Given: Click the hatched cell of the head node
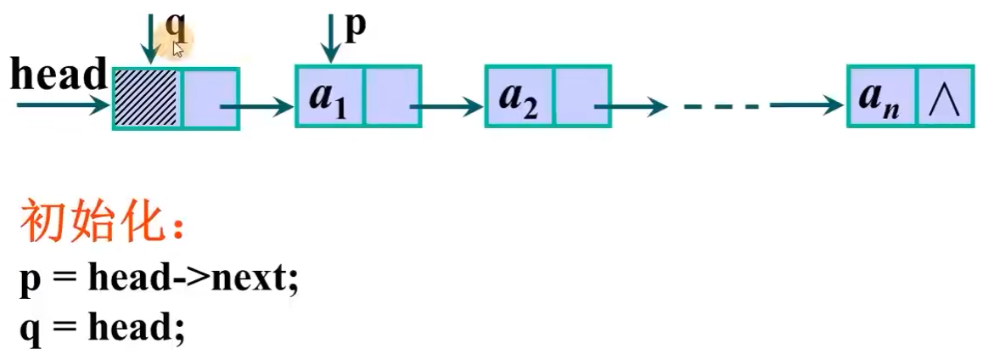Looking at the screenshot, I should (145, 98).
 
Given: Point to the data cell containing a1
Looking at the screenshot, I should (329, 97).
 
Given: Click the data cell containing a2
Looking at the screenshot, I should (519, 97).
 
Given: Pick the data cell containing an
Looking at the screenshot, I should (882, 97).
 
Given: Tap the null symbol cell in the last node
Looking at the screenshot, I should (944, 97).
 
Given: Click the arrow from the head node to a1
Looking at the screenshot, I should (255, 107).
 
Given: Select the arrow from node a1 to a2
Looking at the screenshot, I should (445, 107).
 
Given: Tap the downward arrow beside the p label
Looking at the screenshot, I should (331, 38).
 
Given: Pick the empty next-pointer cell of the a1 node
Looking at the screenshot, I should (392, 97).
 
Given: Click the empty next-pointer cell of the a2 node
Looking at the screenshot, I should (581, 97).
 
